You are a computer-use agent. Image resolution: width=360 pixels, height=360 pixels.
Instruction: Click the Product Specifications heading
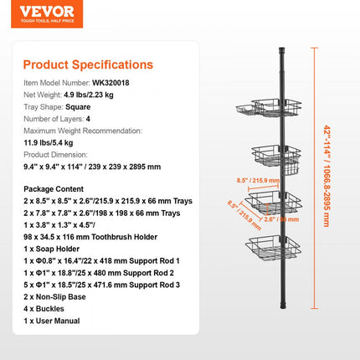point(88,64)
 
